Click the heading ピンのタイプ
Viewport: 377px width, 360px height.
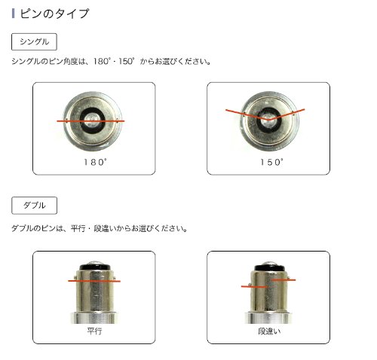click(54, 14)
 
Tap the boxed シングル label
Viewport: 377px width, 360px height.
click(34, 41)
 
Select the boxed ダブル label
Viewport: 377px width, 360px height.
click(34, 206)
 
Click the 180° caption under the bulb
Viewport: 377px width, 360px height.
click(95, 162)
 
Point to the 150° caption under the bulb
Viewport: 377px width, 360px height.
click(271, 162)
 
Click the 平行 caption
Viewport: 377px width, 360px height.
click(94, 331)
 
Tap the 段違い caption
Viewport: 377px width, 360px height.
click(269, 331)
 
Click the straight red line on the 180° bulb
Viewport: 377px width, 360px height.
click(90, 121)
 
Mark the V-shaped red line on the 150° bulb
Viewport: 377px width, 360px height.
click(268, 120)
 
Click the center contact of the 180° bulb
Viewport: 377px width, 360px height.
click(93, 120)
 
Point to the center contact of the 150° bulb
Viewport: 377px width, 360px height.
click(268, 120)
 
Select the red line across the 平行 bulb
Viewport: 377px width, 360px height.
click(94, 281)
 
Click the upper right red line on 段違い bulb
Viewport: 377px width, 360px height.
click(284, 279)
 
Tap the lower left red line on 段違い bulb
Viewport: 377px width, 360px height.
click(253, 286)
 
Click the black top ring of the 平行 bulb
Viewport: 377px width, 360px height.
click(94, 267)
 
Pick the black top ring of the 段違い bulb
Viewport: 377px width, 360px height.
click(269, 267)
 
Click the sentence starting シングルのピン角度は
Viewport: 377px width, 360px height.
click(111, 61)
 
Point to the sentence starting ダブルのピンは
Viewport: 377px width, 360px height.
click(100, 228)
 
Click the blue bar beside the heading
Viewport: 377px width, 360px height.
click(13, 14)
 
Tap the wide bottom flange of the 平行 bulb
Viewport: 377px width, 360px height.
click(93, 318)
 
